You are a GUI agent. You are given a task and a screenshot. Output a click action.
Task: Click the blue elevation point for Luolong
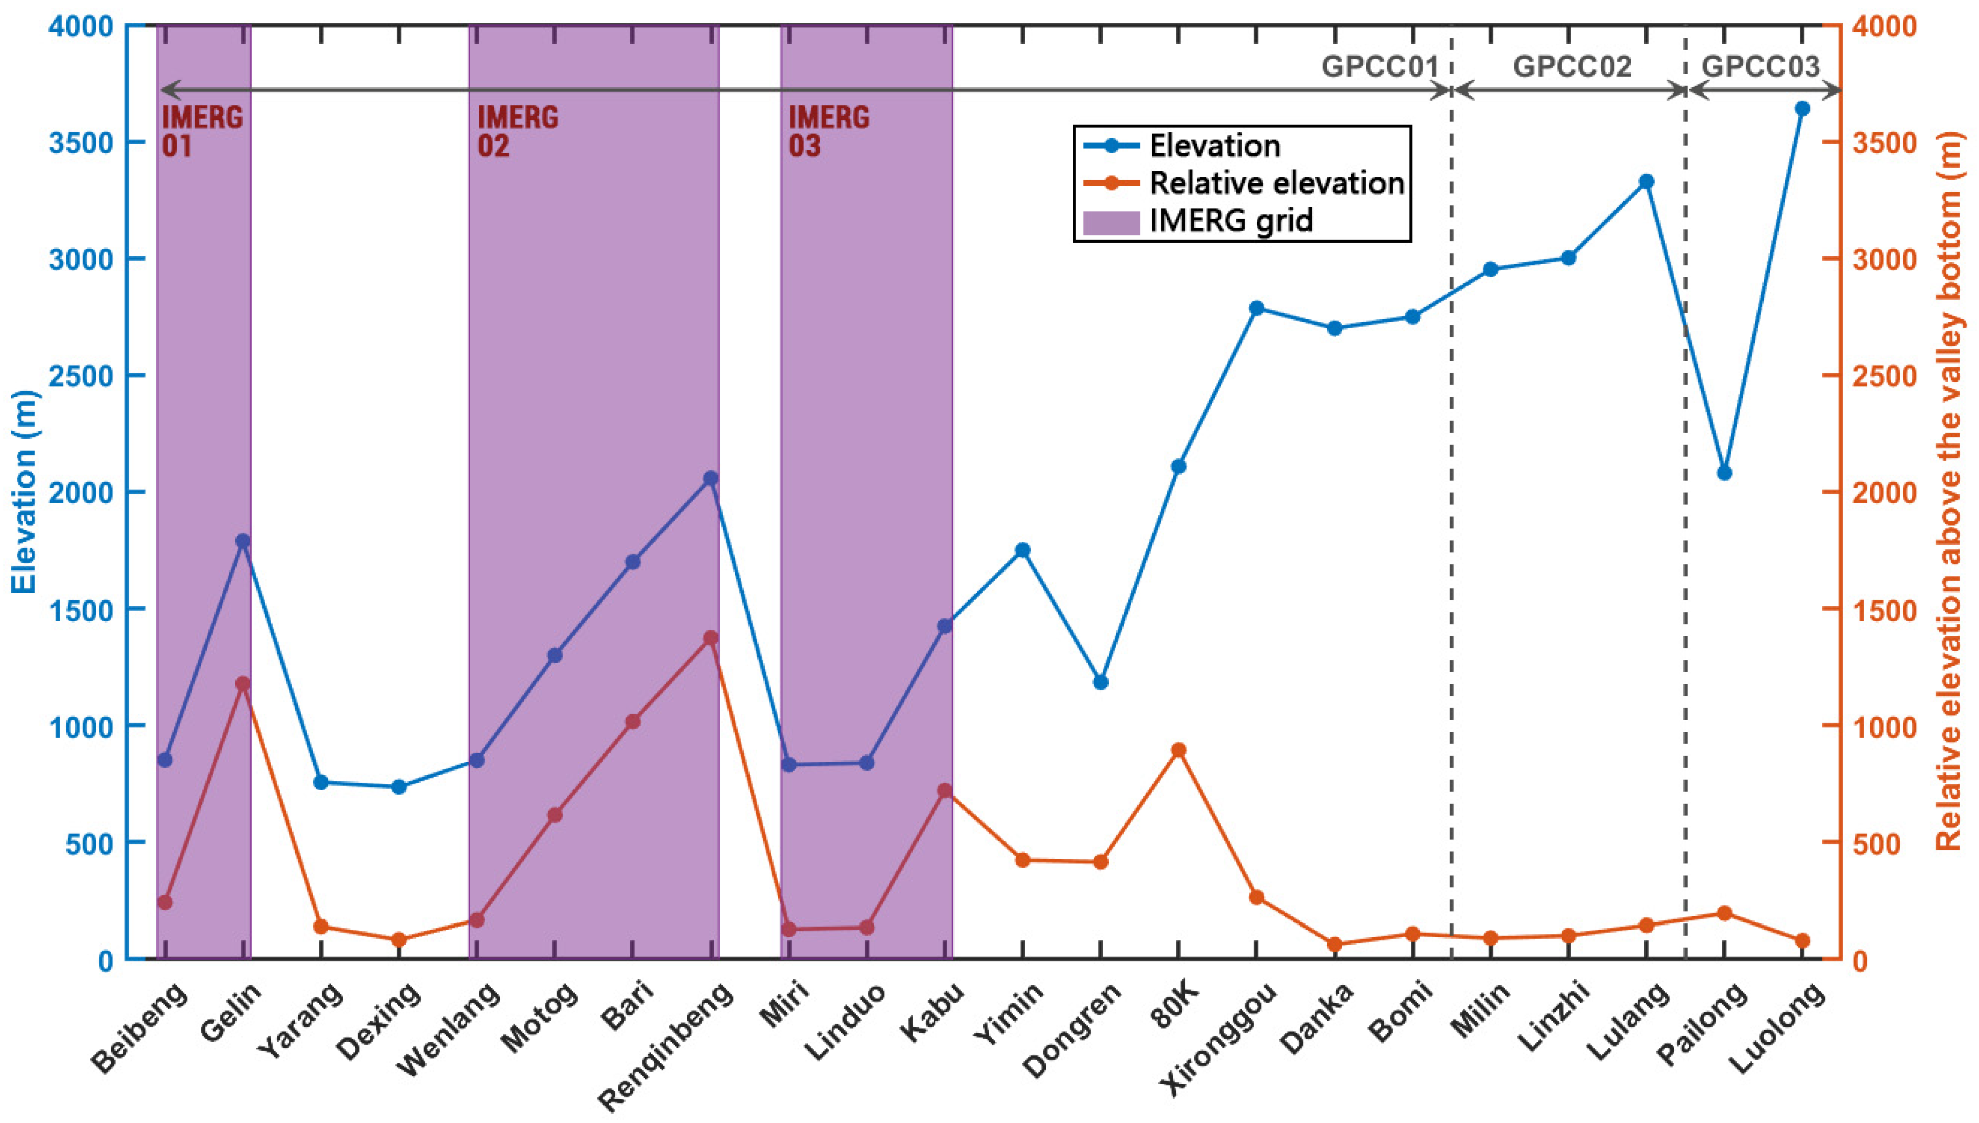(x=1803, y=109)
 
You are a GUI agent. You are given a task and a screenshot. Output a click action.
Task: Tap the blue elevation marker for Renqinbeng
(x=710, y=479)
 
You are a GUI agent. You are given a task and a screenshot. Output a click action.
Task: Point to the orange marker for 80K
(x=1178, y=750)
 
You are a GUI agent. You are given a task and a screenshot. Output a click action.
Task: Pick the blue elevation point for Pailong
(x=1725, y=473)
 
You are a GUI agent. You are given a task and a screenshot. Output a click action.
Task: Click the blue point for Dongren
(x=1100, y=682)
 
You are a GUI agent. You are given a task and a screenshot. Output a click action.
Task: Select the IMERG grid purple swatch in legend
(x=1112, y=222)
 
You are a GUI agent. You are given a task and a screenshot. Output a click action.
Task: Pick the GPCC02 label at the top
(x=1572, y=67)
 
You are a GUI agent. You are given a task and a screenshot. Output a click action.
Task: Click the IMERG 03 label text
(x=829, y=131)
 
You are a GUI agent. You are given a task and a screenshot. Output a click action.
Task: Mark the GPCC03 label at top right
(x=1761, y=67)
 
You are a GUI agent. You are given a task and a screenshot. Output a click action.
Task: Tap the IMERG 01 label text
(x=202, y=131)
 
